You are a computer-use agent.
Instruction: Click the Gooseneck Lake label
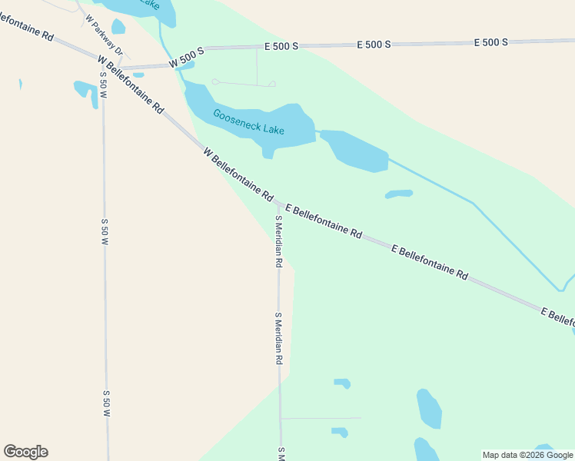(248, 123)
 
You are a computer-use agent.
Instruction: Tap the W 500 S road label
(187, 56)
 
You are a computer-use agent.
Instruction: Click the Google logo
(25, 452)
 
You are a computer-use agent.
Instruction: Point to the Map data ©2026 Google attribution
(528, 455)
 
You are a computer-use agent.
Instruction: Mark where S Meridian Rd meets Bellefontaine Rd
(278, 204)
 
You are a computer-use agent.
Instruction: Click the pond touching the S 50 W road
(85, 91)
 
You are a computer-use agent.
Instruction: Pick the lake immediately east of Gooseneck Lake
(355, 151)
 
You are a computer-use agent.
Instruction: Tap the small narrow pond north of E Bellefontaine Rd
(399, 194)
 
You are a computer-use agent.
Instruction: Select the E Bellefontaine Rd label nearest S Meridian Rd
(324, 221)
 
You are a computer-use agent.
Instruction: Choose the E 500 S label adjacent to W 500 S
(274, 47)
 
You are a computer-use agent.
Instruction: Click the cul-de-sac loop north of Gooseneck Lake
(217, 81)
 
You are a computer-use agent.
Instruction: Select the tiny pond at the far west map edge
(21, 84)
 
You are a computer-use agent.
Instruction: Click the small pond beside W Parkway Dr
(118, 27)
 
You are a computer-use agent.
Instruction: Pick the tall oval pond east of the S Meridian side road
(429, 408)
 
